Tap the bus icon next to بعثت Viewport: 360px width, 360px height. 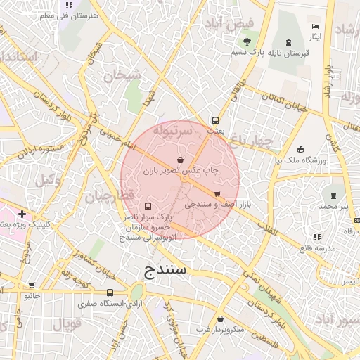216,120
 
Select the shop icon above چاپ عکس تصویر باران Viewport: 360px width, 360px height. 181,159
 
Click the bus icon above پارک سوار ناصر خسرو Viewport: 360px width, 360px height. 148,207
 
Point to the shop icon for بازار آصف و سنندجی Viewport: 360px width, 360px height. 217,193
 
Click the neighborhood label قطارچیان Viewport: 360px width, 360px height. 108,196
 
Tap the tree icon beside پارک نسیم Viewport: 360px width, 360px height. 247,42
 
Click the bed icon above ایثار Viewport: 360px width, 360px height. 314,26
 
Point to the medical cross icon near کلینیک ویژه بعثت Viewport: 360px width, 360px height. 22,214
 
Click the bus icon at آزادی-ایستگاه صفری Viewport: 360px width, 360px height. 110,292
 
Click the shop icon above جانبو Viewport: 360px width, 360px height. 31,285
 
